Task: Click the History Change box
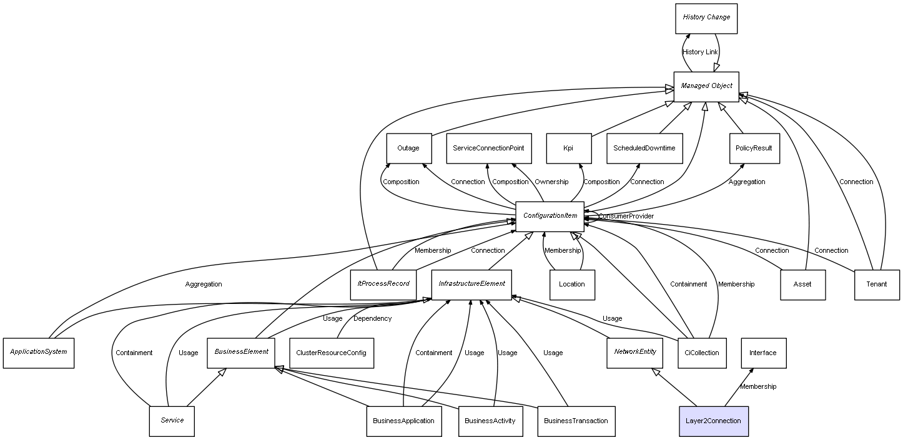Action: (x=706, y=18)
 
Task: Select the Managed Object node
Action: (x=706, y=86)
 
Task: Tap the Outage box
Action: (x=408, y=149)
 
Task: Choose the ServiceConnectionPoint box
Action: (x=489, y=149)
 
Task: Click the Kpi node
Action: (x=568, y=149)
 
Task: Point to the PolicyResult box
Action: (x=754, y=149)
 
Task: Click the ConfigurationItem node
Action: (x=550, y=216)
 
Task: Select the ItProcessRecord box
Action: (x=383, y=284)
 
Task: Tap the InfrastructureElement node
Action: (x=471, y=284)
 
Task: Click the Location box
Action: (x=572, y=285)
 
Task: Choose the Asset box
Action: (x=802, y=285)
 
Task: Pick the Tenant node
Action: (x=877, y=285)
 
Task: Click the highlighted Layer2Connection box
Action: (x=713, y=421)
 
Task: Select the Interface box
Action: (x=763, y=353)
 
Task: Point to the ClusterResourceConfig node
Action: (x=332, y=353)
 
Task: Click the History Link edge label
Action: (x=700, y=52)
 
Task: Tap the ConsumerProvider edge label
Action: (x=626, y=217)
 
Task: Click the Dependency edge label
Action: (x=372, y=319)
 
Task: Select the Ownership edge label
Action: (x=551, y=182)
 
